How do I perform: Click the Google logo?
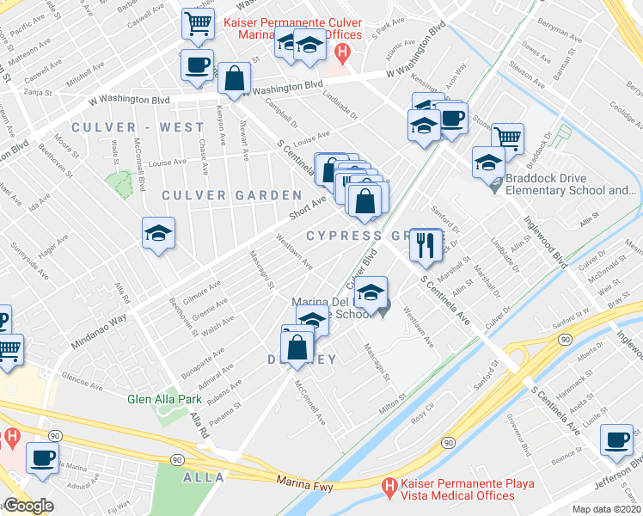coord(28,507)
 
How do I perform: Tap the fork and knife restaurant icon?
coord(424,245)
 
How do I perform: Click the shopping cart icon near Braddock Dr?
coord(508,138)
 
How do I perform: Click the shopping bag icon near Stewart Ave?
coord(234,79)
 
